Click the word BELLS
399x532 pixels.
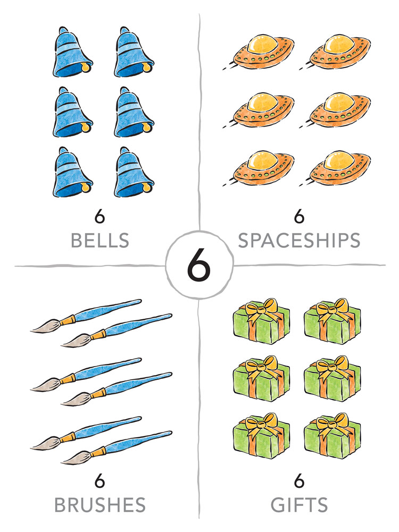100,240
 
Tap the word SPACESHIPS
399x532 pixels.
299,240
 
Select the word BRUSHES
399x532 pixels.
100,505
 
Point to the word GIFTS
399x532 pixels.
299,505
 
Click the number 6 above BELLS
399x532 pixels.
99,216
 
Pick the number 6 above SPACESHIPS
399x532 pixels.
299,216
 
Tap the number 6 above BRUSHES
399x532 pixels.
99,481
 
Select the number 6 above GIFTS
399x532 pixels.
299,481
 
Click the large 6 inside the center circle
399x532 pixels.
199,264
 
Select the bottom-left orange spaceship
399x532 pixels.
259,169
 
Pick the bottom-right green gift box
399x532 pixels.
332,436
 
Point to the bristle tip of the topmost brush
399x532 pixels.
31,330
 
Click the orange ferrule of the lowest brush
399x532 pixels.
98,452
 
